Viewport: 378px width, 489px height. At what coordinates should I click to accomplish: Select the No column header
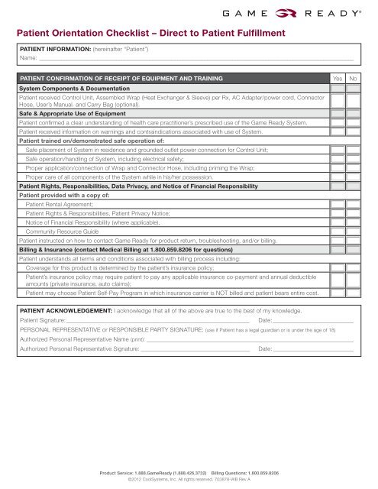(x=353, y=79)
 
